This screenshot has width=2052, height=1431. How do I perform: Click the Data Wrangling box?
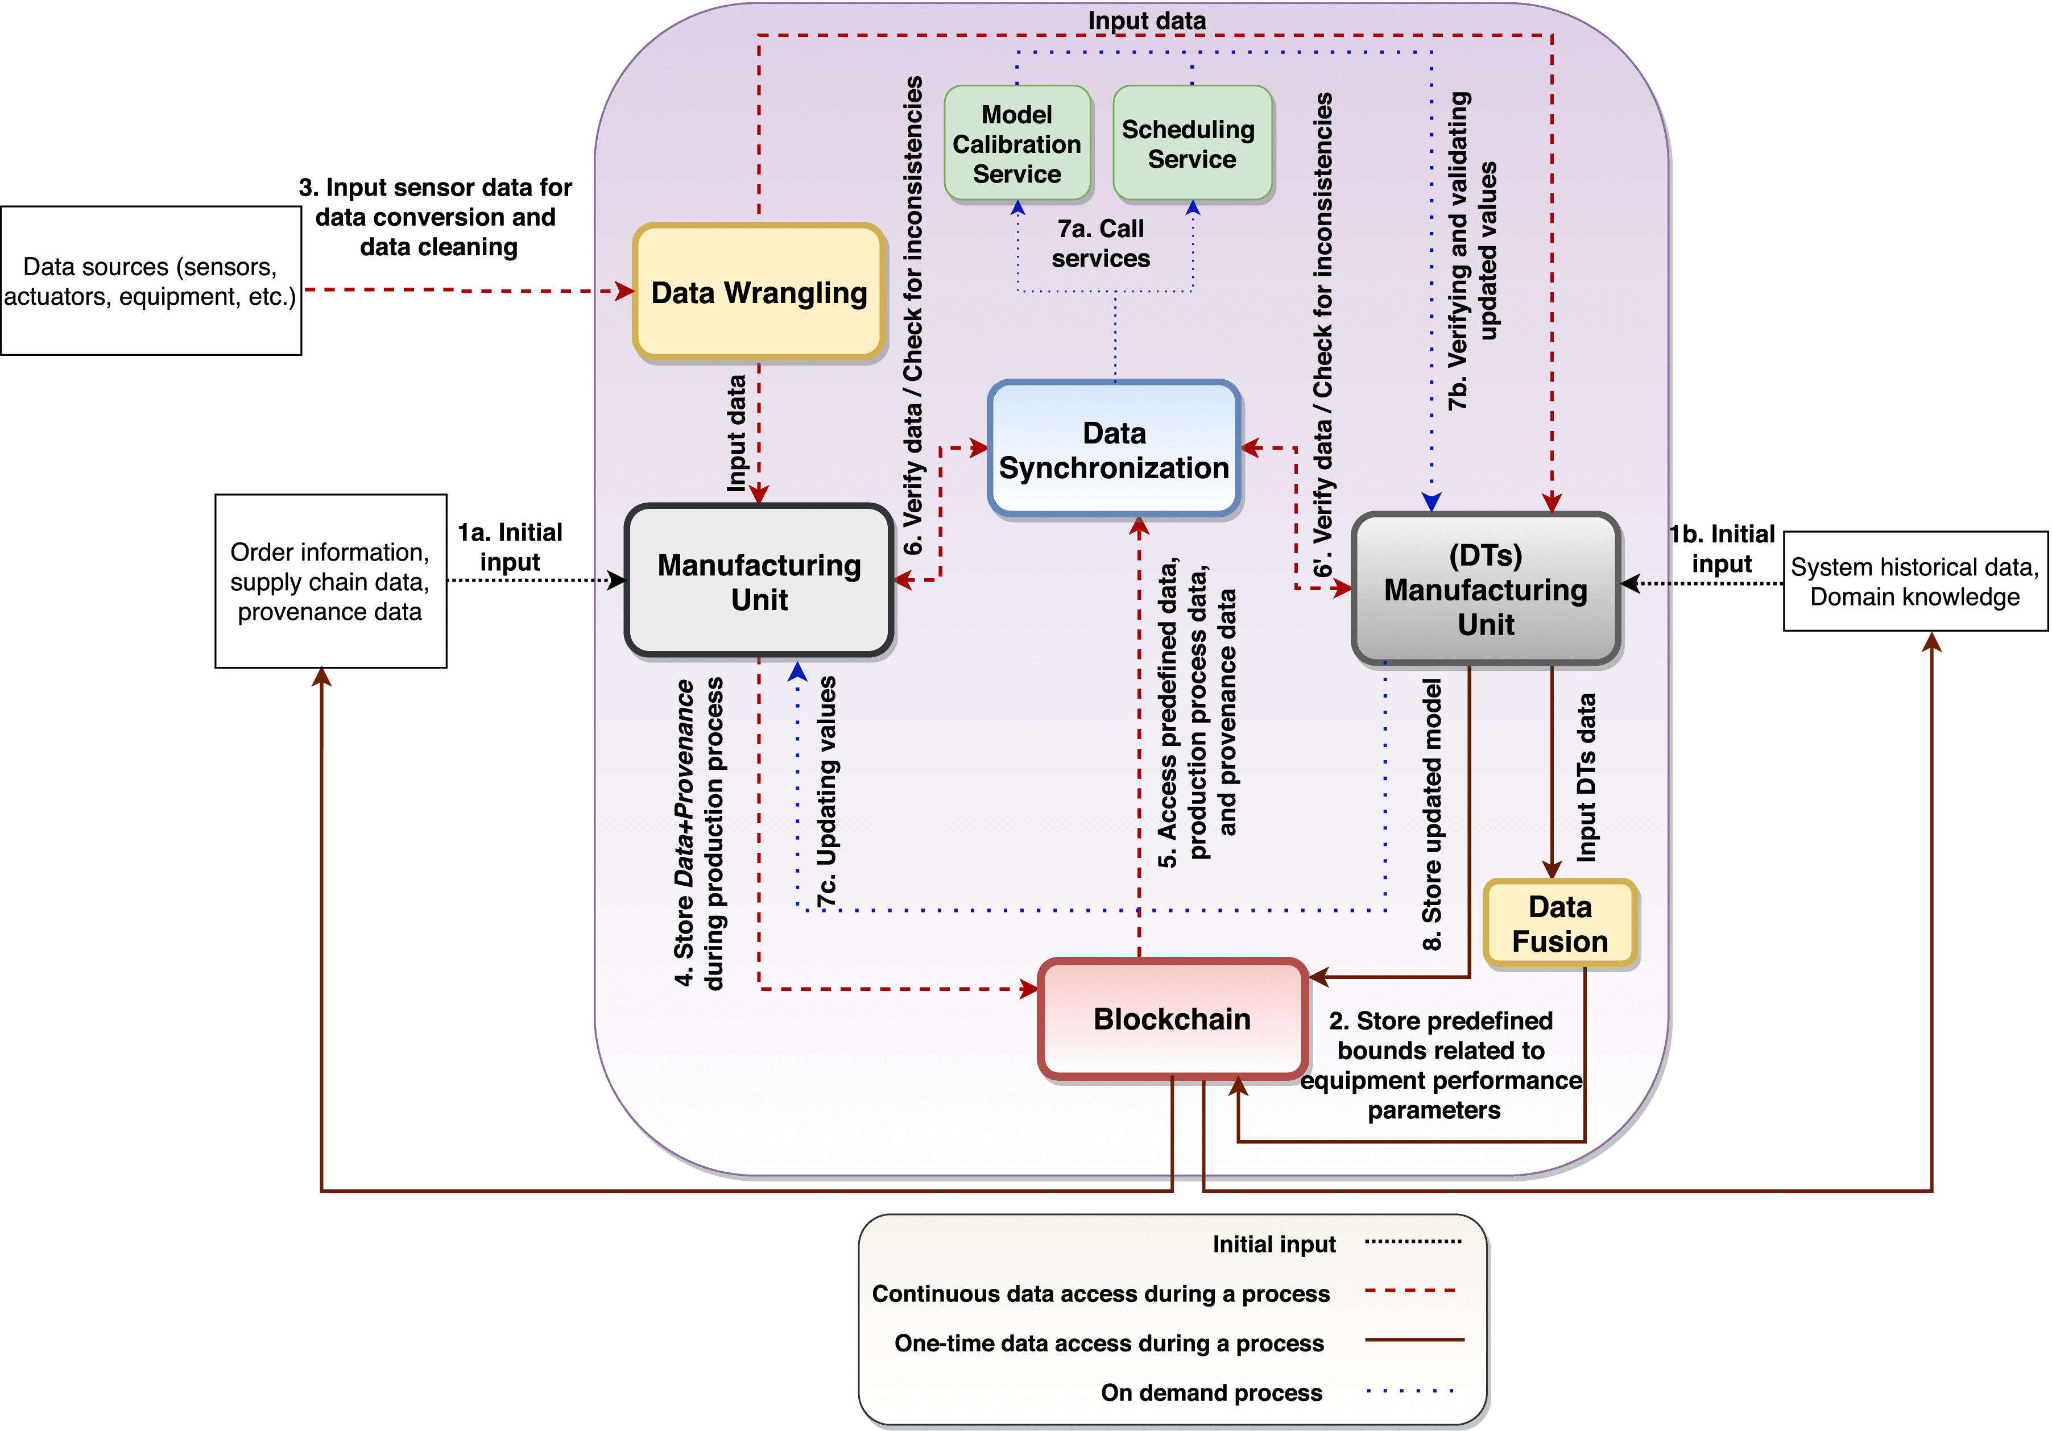point(759,292)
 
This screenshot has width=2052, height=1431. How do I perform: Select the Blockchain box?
point(1172,1018)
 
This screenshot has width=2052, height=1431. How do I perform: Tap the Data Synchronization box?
point(1114,449)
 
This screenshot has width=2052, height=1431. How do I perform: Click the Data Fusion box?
point(1559,924)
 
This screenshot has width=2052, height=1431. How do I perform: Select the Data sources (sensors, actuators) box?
point(150,280)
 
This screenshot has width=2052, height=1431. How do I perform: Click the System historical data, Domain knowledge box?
point(1914,582)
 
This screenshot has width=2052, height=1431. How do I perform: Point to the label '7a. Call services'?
point(1100,243)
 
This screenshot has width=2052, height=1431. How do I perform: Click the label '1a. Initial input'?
point(510,547)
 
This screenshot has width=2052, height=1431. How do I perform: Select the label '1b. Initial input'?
point(1722,549)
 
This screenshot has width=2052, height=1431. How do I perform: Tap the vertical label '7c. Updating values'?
point(828,790)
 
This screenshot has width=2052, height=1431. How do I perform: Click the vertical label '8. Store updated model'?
point(1432,813)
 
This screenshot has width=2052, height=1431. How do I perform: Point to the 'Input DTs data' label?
point(1586,777)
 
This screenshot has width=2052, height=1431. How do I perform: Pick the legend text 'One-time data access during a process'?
point(1108,1342)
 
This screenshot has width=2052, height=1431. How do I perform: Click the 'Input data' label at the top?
point(1146,20)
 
